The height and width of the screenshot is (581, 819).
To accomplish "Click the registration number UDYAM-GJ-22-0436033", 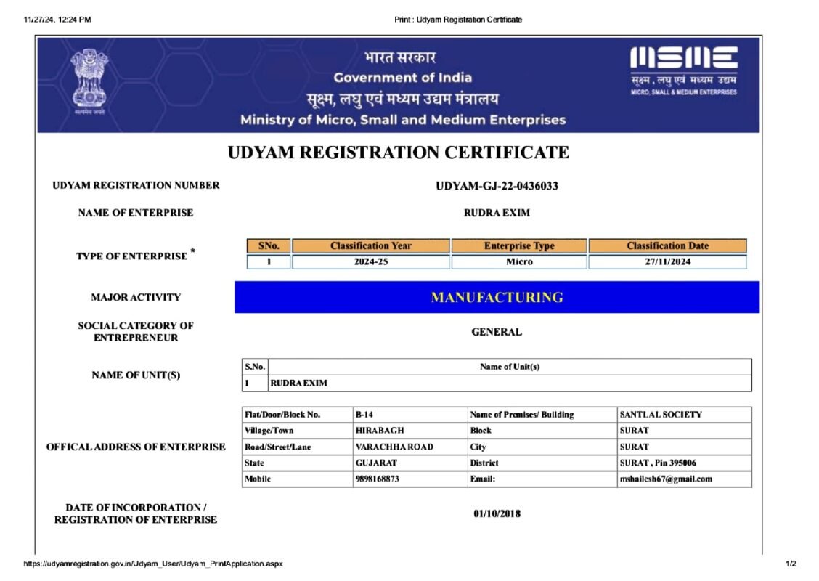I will (x=497, y=186).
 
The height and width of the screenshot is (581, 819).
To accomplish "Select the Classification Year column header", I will (x=370, y=246).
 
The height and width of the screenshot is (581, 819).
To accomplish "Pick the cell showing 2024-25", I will (x=370, y=262).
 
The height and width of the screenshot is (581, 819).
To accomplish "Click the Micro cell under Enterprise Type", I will (x=518, y=262).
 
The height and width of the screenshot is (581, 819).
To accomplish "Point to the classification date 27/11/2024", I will (x=667, y=262).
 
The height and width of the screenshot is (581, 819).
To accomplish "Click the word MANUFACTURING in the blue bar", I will (x=497, y=297).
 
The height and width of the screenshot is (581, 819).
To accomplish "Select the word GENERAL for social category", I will (x=497, y=332).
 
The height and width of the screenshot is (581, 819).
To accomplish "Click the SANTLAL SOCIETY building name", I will (x=661, y=415).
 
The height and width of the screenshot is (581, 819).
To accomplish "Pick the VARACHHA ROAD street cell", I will (x=394, y=447).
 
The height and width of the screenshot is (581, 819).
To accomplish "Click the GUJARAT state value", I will (x=375, y=463).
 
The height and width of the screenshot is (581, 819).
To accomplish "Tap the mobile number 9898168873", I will (x=377, y=479).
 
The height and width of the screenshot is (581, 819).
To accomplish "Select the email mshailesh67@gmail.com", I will (x=665, y=479).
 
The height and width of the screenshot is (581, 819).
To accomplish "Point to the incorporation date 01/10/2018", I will (x=497, y=514).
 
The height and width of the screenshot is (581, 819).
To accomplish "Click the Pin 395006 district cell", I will (x=657, y=463).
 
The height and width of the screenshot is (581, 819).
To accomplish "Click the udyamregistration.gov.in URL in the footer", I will (x=153, y=564).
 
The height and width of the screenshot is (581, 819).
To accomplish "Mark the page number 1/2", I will (x=791, y=564).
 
